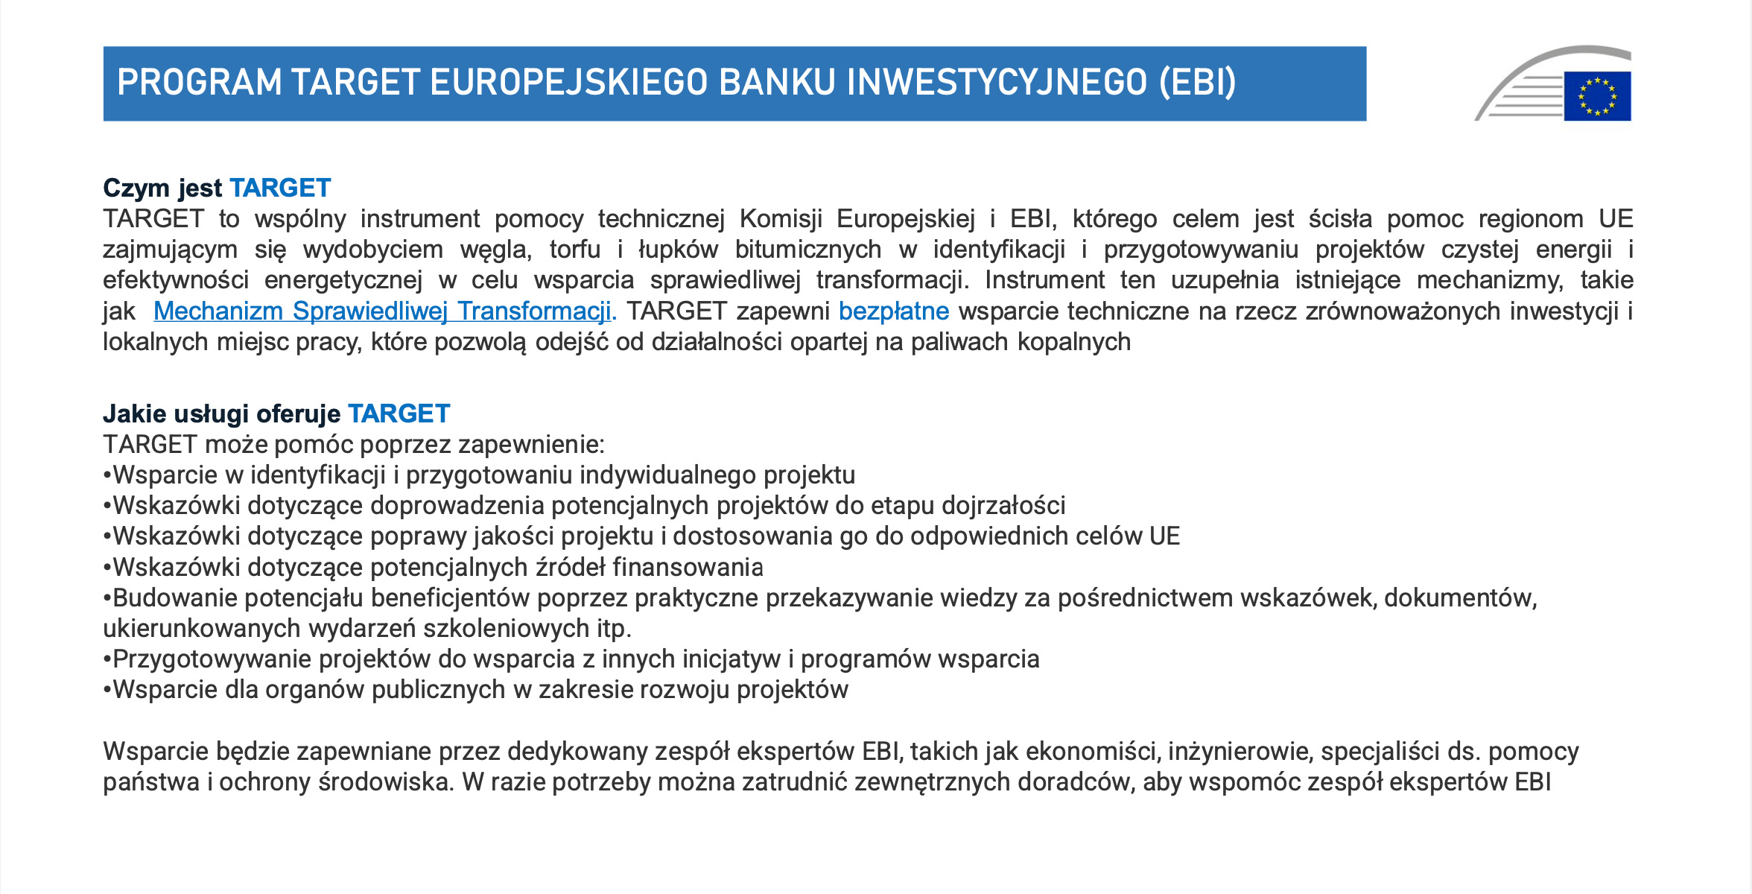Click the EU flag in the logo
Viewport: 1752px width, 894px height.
point(1597,96)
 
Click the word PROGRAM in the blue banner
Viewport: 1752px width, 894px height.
point(200,82)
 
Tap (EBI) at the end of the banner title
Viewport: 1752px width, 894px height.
point(1198,82)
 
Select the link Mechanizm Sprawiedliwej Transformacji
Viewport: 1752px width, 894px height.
point(382,311)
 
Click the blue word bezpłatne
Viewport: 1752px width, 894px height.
point(894,311)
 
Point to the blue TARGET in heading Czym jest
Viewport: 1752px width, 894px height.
point(280,188)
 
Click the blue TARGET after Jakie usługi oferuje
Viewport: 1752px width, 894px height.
point(399,413)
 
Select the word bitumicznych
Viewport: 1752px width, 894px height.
point(808,250)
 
